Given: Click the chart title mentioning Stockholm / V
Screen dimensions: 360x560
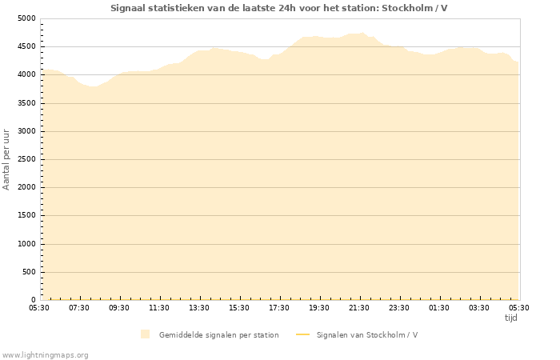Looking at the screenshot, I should (x=279, y=8).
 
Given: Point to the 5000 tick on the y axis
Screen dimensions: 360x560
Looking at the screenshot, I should (x=26, y=18).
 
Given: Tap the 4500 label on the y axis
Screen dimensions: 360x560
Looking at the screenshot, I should (x=26, y=46).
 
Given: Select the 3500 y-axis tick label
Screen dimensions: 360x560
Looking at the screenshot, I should (x=26, y=103).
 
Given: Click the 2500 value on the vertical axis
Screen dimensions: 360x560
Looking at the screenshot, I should (x=26, y=159).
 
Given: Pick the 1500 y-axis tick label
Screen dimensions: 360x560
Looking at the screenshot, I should (x=26, y=216).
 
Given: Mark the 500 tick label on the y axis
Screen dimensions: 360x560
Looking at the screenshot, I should (x=29, y=272).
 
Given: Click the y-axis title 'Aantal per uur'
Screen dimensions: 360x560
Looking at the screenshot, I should (x=7, y=158).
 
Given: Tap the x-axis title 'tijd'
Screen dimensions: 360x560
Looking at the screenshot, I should (x=510, y=318).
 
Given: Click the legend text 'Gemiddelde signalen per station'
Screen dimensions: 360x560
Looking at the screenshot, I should (x=218, y=334).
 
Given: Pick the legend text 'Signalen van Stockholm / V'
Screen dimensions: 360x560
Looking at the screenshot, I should (x=366, y=334).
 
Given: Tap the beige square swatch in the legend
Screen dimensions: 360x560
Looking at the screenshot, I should (x=145, y=334).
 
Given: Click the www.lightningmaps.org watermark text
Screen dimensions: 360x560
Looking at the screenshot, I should (x=46, y=354).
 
